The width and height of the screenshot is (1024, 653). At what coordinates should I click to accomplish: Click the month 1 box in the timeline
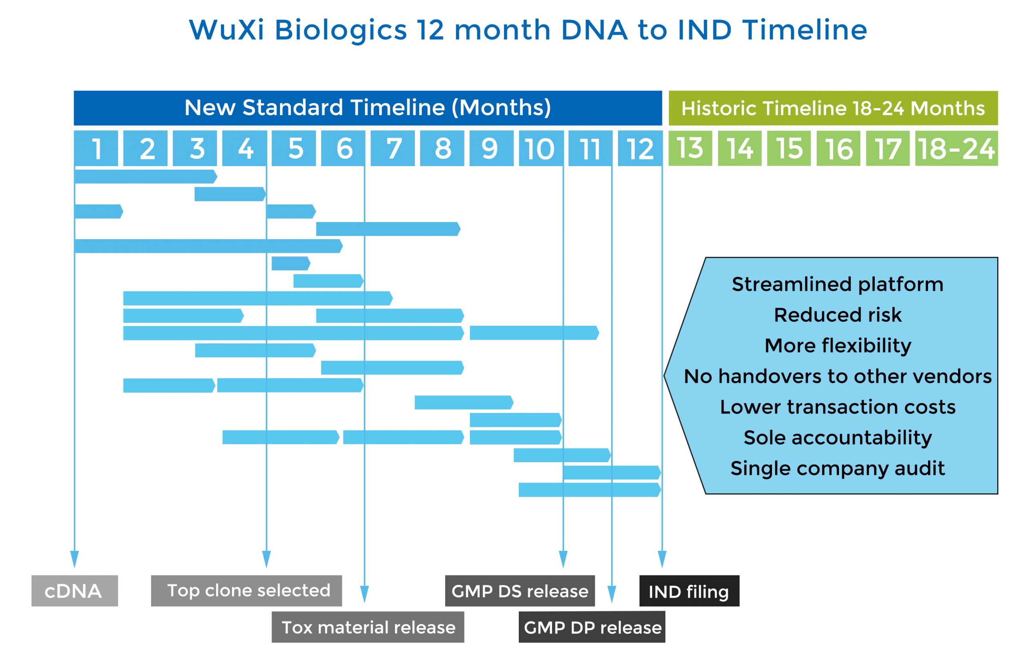click(x=96, y=148)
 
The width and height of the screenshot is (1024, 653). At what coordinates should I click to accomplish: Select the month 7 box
click(x=392, y=148)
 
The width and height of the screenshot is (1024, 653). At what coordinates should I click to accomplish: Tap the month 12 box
click(x=640, y=148)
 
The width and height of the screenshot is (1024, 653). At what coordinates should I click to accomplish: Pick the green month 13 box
click(x=690, y=148)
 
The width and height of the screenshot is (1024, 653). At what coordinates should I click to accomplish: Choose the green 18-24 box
click(x=956, y=148)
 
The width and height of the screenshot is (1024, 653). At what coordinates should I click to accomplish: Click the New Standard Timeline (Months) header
click(x=368, y=108)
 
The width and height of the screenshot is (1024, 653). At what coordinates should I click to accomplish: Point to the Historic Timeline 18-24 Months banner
click(x=833, y=108)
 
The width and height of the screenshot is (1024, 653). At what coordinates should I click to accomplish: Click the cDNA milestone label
click(x=74, y=591)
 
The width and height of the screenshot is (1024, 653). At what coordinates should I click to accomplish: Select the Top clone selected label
click(x=246, y=591)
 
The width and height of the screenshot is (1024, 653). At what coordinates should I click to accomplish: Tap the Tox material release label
click(x=368, y=627)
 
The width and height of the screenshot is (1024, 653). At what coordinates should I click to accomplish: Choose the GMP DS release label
click(x=520, y=591)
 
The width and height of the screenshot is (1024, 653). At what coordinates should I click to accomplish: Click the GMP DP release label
click(x=592, y=627)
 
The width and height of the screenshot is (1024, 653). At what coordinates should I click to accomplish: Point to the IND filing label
click(x=689, y=591)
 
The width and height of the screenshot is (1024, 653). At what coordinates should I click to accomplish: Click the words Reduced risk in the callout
click(x=837, y=315)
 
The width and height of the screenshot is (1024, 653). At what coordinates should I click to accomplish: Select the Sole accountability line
click(x=837, y=438)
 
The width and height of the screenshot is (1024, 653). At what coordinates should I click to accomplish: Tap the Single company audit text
click(x=837, y=469)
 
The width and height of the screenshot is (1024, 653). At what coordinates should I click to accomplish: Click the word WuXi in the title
click(x=226, y=30)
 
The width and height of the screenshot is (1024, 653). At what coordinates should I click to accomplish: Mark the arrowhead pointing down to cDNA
click(x=74, y=559)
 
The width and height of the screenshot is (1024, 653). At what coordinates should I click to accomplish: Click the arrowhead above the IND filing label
click(x=662, y=559)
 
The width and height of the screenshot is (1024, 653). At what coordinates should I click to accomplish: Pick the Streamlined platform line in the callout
click(x=837, y=284)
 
